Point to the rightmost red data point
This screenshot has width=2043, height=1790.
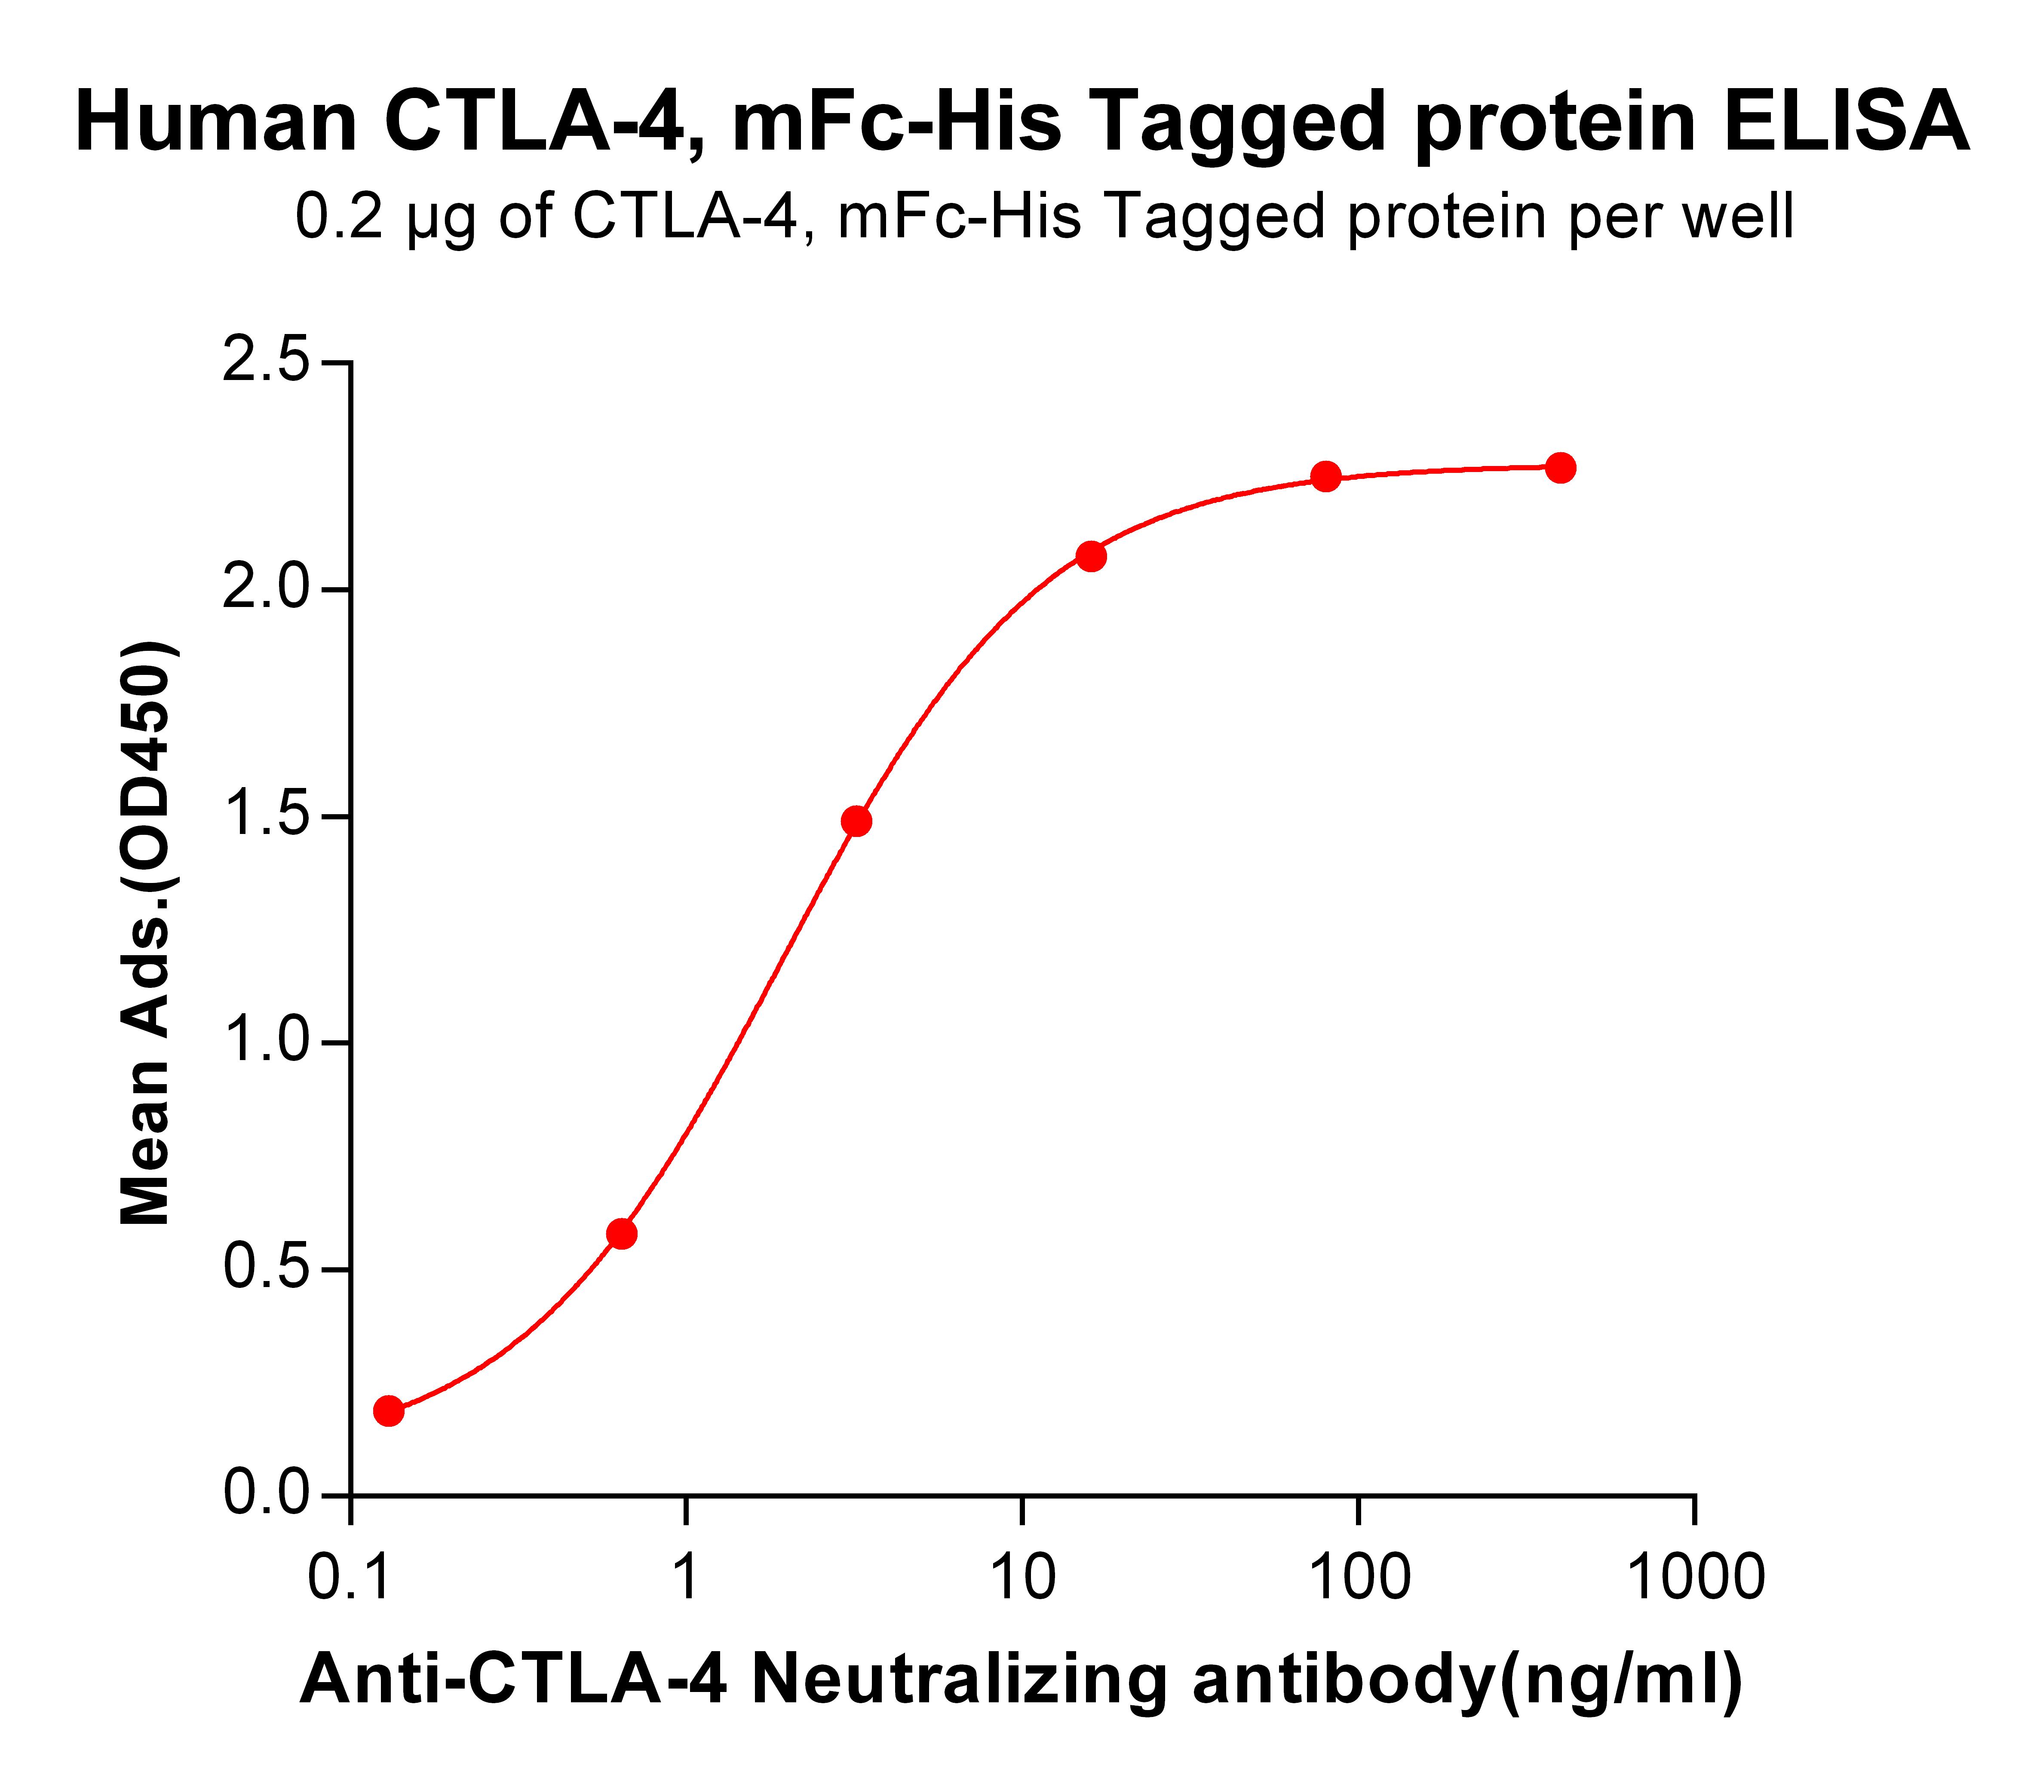tap(1561, 467)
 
